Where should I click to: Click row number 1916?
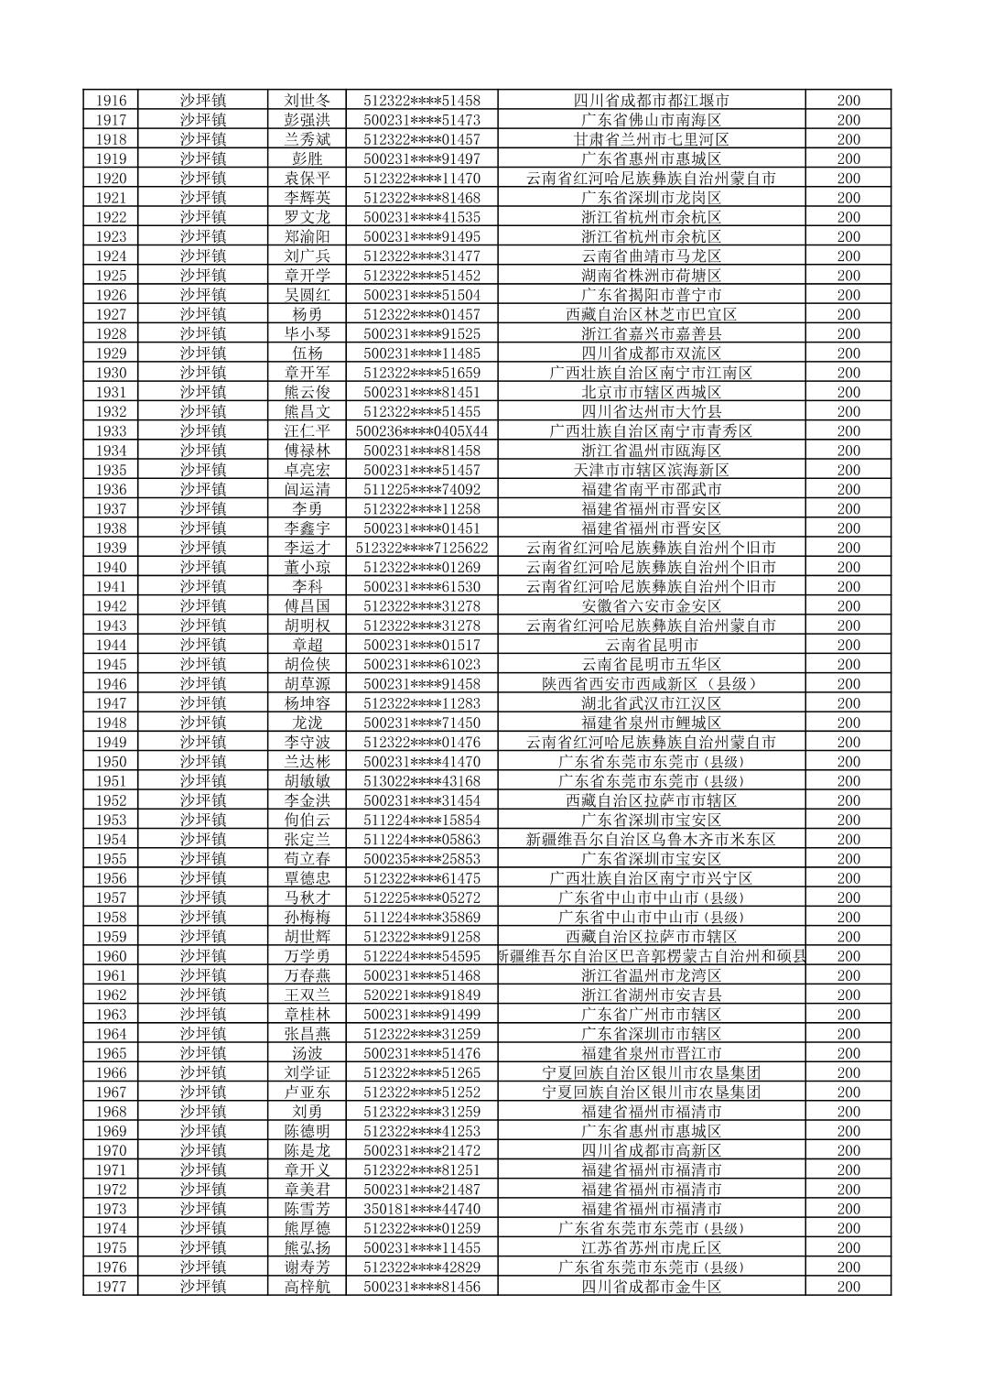click(x=111, y=101)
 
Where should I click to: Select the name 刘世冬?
click(x=308, y=101)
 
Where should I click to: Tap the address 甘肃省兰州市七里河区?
click(x=651, y=139)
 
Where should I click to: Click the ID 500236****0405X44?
click(x=422, y=431)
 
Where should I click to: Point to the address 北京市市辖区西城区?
click(x=651, y=392)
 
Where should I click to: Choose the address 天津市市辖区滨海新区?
click(x=651, y=470)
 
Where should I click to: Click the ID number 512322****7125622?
click(x=422, y=548)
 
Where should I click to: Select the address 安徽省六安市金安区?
click(x=651, y=606)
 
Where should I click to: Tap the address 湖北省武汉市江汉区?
click(x=651, y=703)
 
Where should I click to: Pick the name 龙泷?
click(x=308, y=723)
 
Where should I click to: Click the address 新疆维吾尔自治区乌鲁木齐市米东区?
click(x=651, y=840)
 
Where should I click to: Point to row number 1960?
click(x=111, y=956)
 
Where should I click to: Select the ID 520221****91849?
click(x=422, y=995)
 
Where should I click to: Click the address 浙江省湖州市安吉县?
click(x=651, y=995)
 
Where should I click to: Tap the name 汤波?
click(x=308, y=1053)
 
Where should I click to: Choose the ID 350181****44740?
click(x=422, y=1209)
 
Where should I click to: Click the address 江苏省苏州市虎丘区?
click(x=651, y=1248)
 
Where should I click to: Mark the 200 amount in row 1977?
click(x=848, y=1287)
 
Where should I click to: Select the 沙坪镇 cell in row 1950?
click(x=203, y=762)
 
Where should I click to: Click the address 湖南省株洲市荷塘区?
click(x=651, y=276)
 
